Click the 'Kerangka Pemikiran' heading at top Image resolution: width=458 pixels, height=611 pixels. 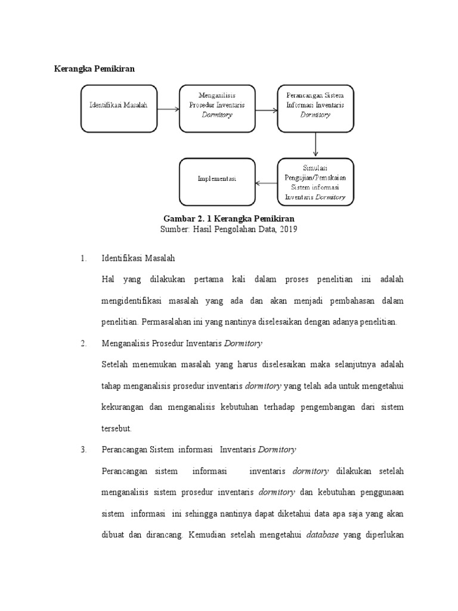point(95,69)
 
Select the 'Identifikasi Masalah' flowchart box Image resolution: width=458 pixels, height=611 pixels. point(118,108)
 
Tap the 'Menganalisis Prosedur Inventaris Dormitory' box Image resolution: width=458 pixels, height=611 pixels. point(216,108)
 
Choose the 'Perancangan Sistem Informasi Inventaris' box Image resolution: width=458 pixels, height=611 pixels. point(315,108)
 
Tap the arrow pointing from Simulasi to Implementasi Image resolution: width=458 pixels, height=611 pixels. point(266,183)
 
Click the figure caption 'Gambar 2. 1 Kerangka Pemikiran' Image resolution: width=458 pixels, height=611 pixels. point(229,218)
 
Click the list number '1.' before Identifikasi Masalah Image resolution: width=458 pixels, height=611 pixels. point(84,258)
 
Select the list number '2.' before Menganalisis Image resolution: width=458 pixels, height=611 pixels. point(84,343)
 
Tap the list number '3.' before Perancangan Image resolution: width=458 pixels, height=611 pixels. point(84,449)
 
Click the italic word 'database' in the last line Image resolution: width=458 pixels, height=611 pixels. point(322,535)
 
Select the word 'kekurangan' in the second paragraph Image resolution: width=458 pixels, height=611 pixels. point(124,407)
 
